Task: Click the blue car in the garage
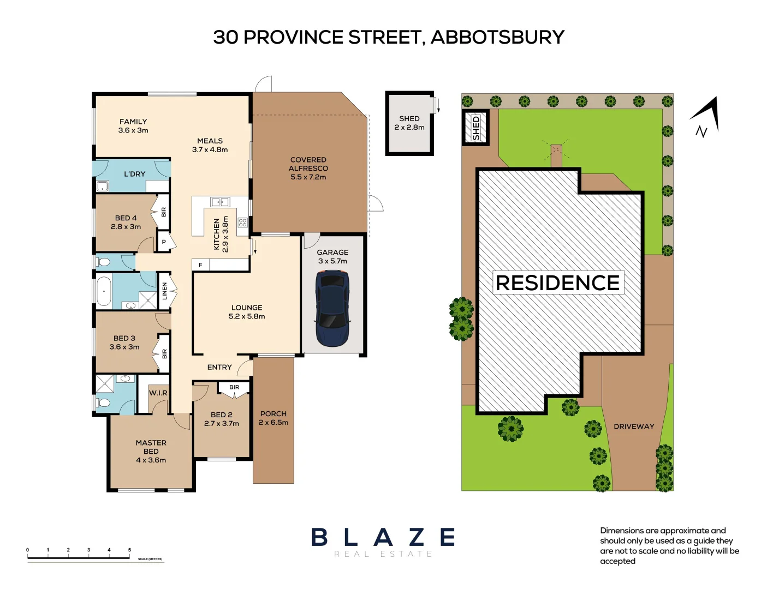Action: [x=332, y=308]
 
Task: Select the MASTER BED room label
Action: [x=151, y=451]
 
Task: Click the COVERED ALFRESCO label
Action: [x=308, y=168]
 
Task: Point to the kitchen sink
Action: [x=220, y=202]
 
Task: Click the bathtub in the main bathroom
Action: [x=103, y=291]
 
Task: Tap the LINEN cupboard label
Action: [x=164, y=291]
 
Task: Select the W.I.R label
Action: [x=158, y=393]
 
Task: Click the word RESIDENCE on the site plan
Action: [x=557, y=283]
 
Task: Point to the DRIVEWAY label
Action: [x=633, y=426]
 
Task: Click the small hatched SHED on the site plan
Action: [x=475, y=128]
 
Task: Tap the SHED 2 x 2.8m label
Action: [x=409, y=123]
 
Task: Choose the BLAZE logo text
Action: [x=383, y=537]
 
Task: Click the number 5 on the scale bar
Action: [x=129, y=550]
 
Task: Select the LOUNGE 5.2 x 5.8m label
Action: [x=247, y=312]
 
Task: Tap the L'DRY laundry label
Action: [x=134, y=174]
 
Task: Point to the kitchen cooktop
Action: [x=242, y=223]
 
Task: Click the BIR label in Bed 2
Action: [x=234, y=387]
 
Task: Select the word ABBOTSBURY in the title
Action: [x=497, y=37]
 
